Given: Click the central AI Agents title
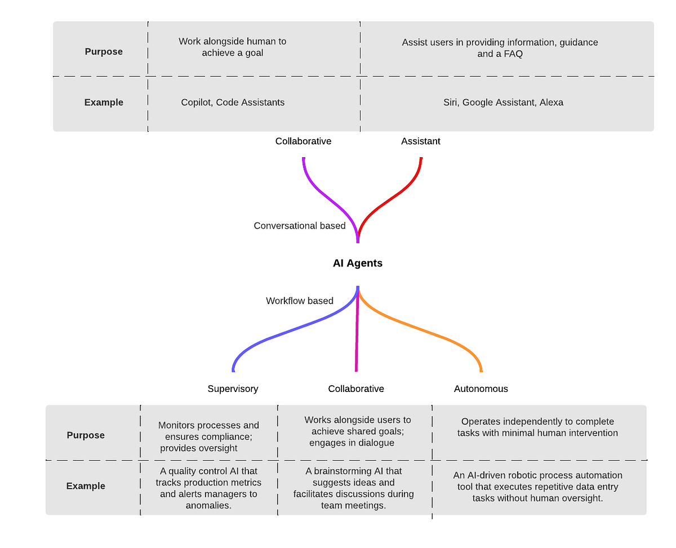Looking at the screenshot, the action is point(357,263).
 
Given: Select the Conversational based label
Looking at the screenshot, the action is point(299,226).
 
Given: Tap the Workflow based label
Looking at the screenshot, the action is point(299,301).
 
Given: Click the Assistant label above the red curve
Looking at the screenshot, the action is point(420,141).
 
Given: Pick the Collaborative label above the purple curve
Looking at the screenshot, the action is point(303,141).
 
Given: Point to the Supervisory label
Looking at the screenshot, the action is point(233,389).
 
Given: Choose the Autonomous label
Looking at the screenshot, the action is point(481,389).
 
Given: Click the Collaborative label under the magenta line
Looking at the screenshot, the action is point(356,389).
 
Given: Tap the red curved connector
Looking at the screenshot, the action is point(394,198).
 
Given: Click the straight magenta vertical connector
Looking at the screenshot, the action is point(357,338).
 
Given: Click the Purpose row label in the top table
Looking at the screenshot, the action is point(104,51).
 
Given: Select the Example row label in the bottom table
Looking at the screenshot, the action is point(86,485).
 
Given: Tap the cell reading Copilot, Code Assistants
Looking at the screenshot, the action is point(233,103).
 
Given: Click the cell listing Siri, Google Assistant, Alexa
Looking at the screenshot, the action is point(503,103).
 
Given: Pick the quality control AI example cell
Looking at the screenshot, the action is point(208,488).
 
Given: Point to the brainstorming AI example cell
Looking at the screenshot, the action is point(354,488).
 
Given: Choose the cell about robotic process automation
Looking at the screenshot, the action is point(537,487).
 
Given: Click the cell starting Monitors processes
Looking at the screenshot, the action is point(208,436).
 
